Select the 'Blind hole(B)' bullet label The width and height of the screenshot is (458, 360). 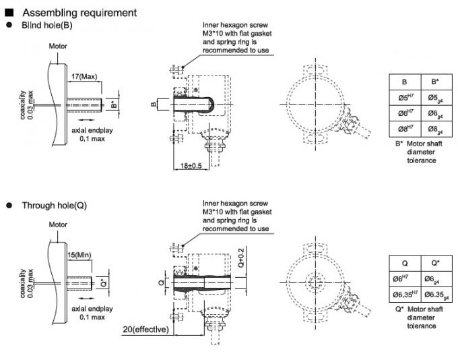click(x=46, y=26)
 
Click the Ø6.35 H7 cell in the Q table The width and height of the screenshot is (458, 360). click(x=405, y=295)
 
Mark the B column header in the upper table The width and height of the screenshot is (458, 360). click(x=405, y=82)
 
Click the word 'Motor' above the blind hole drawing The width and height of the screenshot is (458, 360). click(x=59, y=46)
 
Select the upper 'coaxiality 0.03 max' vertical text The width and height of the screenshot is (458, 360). click(x=27, y=107)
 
